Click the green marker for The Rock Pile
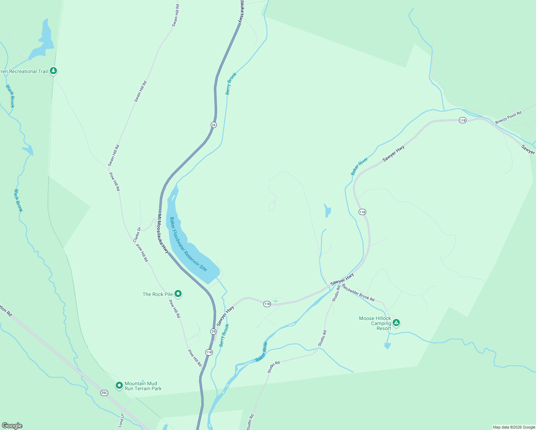click(x=178, y=294)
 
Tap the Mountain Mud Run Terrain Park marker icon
click(x=119, y=386)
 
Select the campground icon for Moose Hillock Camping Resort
click(x=396, y=323)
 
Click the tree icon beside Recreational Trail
click(x=53, y=71)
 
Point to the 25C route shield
click(x=104, y=393)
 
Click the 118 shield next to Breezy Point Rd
click(x=463, y=120)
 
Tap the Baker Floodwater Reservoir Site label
click(x=188, y=244)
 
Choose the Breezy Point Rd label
click(x=508, y=118)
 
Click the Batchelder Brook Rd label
click(x=358, y=292)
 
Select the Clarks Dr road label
click(x=137, y=235)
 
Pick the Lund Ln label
click(x=121, y=420)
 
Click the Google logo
click(x=12, y=426)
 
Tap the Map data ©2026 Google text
click(x=514, y=427)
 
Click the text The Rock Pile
click(x=158, y=294)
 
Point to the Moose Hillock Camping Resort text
click(x=375, y=323)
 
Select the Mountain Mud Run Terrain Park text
click(x=143, y=386)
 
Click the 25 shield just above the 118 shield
click(x=214, y=331)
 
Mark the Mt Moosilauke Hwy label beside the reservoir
click(x=163, y=234)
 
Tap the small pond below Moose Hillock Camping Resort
click(x=387, y=346)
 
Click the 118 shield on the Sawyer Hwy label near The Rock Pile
click(x=267, y=304)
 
